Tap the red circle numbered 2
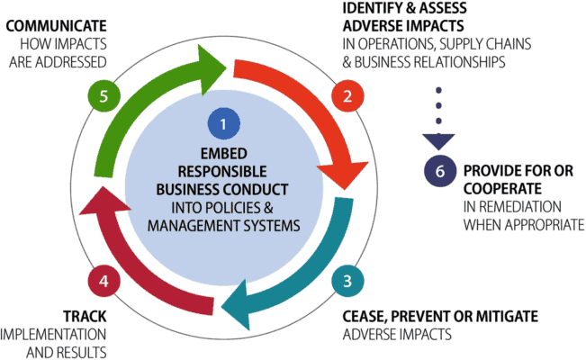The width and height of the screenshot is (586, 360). click(343, 95)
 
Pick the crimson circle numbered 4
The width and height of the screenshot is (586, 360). click(104, 281)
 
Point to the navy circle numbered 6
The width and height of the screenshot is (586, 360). click(441, 171)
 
